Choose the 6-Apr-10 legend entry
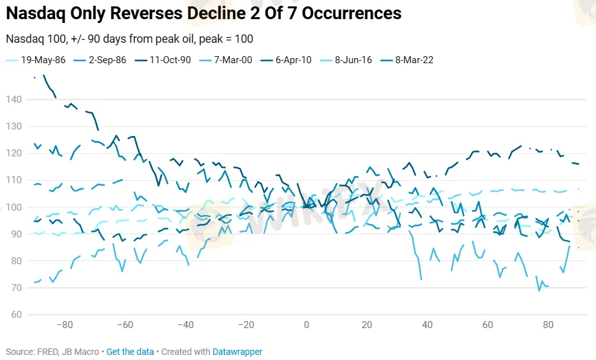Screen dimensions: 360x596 (294, 61)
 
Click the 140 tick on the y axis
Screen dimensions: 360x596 (14, 100)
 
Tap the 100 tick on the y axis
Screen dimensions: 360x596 (14, 207)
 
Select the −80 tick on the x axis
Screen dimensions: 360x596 (64, 325)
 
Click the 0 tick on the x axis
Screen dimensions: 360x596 (306, 325)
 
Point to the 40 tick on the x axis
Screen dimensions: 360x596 (427, 325)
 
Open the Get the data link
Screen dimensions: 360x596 (130, 352)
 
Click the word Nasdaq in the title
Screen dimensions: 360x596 (34, 13)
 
